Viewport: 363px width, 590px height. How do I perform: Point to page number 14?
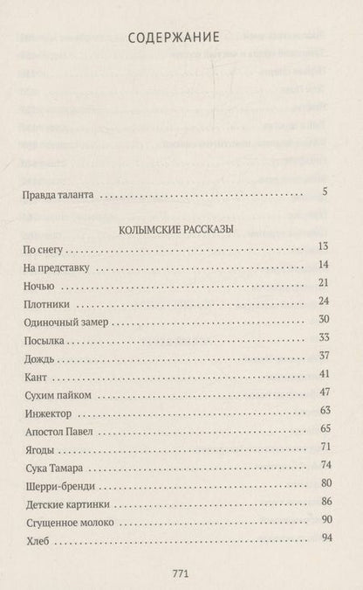coord(322,267)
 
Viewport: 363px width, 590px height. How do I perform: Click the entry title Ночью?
coord(38,286)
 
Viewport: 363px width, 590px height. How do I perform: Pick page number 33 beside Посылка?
coord(322,339)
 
